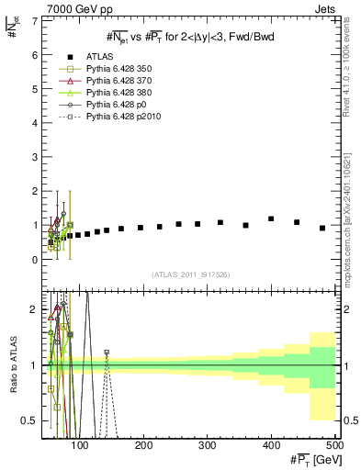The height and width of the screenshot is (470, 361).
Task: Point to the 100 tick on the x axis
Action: (81, 446)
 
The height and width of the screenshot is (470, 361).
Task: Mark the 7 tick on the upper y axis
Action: (34, 19)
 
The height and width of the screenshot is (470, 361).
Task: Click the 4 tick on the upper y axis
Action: (34, 122)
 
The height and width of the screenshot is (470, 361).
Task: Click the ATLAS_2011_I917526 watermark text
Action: (189, 275)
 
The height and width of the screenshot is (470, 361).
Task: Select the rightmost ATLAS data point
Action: (322, 228)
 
